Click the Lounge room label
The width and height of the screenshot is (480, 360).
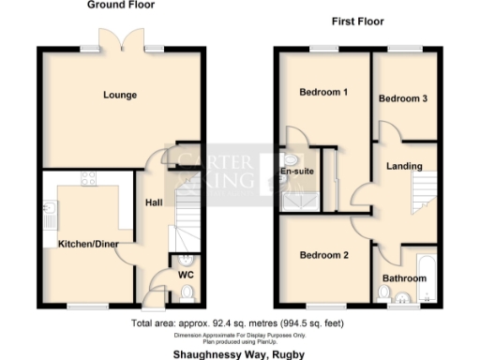(120, 95)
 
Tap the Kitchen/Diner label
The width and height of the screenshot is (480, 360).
(85, 244)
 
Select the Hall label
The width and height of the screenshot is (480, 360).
(154, 202)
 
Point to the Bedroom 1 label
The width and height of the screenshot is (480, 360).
(323, 93)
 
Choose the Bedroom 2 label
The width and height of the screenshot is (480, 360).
(323, 255)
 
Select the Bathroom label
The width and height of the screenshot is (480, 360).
(404, 278)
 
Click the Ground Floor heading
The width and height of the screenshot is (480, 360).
(121, 6)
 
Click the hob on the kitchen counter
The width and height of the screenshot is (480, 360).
(91, 178)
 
